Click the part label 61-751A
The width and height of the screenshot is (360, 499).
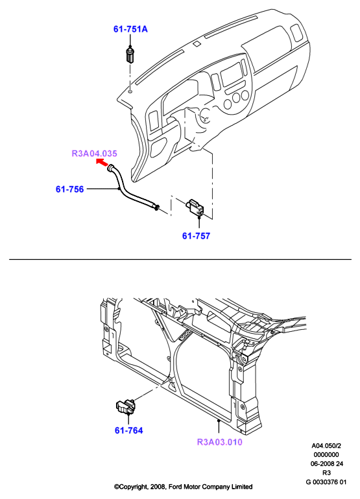(130, 29)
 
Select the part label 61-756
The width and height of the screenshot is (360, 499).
(70, 189)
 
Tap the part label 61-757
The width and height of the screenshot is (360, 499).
(197, 236)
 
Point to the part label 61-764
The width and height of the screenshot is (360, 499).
(128, 430)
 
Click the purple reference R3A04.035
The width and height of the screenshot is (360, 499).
(94, 154)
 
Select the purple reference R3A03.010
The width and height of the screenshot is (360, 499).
(219, 442)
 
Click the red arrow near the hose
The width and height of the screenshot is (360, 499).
(102, 162)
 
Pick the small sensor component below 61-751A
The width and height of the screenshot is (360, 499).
(130, 55)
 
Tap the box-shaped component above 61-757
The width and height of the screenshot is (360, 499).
(195, 207)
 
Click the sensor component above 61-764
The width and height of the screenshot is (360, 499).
(125, 407)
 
